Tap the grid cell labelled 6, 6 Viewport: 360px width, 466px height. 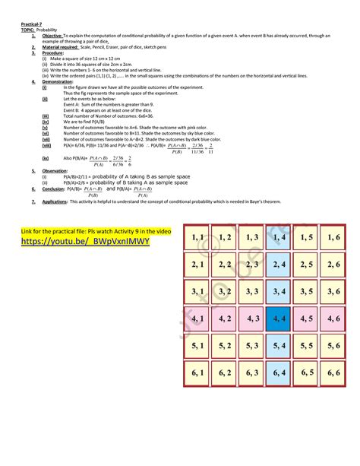click(331, 372)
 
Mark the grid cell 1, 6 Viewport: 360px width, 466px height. click(331, 238)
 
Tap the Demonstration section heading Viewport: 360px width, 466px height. click(58, 82)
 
